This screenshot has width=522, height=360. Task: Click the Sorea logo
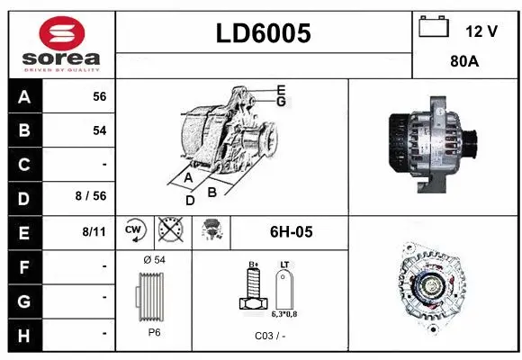(60, 44)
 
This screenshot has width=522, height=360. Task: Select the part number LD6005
(264, 34)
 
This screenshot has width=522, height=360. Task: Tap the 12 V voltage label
(481, 31)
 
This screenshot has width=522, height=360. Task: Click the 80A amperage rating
(464, 63)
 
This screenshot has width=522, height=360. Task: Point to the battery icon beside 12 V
(434, 28)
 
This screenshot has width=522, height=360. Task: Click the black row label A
(24, 96)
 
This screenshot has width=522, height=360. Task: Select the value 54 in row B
(99, 130)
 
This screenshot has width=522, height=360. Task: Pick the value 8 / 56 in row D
(93, 197)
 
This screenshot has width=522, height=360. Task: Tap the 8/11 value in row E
(94, 231)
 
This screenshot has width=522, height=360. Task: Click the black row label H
(24, 334)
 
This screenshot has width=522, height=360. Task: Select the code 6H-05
(291, 232)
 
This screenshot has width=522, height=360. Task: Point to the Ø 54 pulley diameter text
(153, 260)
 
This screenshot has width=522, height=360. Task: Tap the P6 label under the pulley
(153, 332)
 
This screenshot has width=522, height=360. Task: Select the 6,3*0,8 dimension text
(285, 314)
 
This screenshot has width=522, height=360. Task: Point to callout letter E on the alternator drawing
(281, 89)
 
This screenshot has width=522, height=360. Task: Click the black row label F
(24, 265)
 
